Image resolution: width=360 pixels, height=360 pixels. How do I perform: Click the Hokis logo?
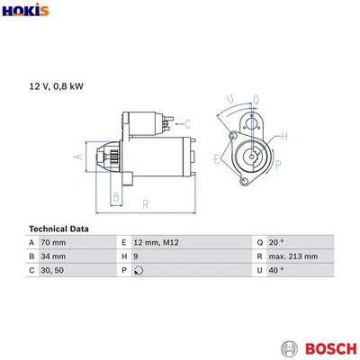click(25, 10)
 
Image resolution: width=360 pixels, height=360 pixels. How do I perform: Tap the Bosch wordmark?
click(331, 348)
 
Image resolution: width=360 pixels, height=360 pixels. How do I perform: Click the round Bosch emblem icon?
click(290, 348)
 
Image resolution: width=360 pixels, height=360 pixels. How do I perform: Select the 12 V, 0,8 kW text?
click(56, 86)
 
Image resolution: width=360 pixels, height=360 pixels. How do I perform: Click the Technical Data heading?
click(58, 229)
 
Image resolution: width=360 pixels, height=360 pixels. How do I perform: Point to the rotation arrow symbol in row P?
click(139, 270)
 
